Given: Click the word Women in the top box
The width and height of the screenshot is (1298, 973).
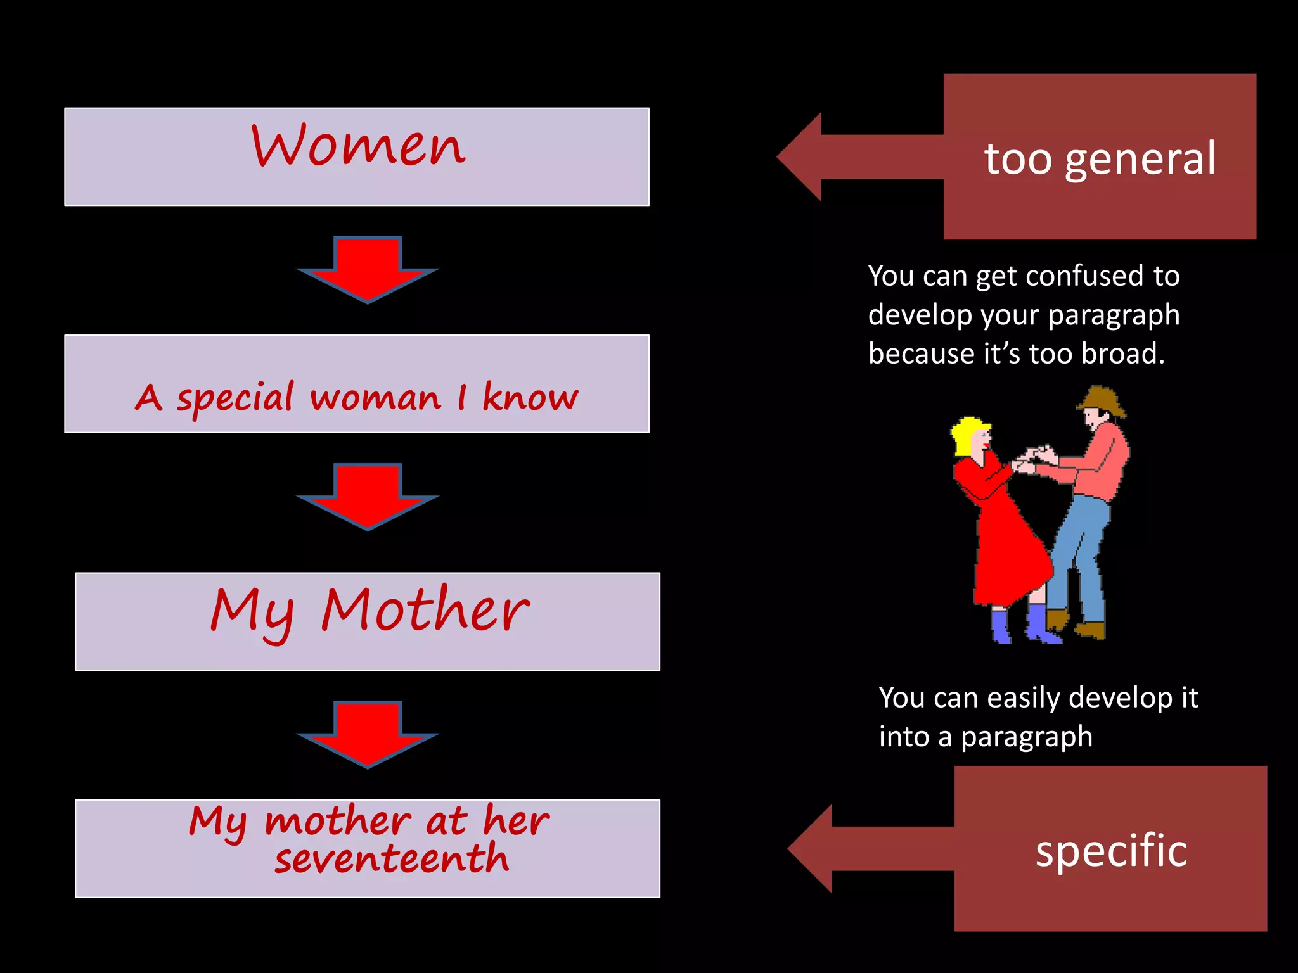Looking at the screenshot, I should point(358,146).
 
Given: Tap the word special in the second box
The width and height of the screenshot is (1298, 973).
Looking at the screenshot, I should point(235,398).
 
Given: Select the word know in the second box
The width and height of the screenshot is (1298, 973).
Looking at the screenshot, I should point(530,397).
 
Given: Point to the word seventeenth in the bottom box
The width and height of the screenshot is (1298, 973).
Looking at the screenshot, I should point(392,859).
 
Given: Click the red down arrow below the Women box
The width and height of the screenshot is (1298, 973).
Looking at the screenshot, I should point(368,269).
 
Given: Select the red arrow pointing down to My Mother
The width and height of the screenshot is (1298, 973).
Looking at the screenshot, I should point(368,496).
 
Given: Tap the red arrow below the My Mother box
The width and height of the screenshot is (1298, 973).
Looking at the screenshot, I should point(368,734).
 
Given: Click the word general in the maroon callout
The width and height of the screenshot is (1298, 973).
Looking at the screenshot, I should point(1140,159).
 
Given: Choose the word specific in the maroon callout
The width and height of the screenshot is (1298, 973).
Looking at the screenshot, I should point(1111,850).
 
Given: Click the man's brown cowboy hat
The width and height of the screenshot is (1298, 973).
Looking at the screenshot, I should point(1102,400).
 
